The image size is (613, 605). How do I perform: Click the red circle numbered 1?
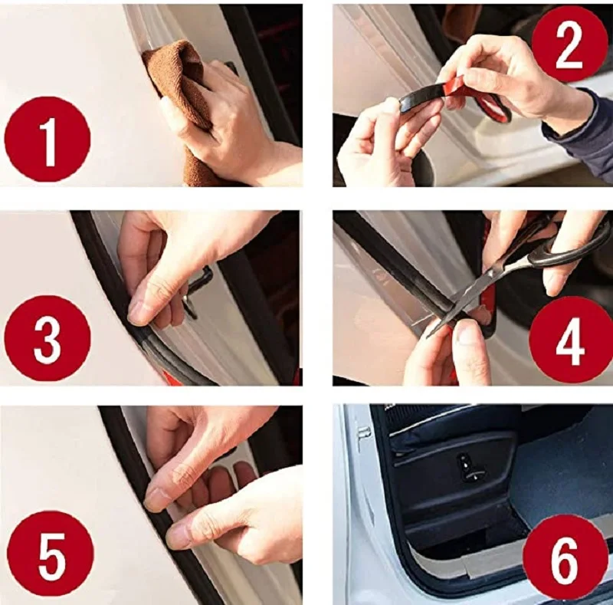coord(48,139)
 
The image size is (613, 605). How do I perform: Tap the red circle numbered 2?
coord(569,44)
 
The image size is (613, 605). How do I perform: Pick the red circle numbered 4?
coord(569,339)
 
